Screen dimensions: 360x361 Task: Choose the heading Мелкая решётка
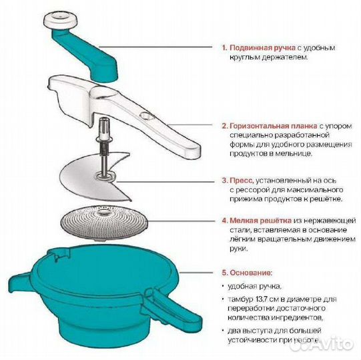tap(258, 219)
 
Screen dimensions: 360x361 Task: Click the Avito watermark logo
tap(330, 343)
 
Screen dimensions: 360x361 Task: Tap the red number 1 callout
tap(224, 48)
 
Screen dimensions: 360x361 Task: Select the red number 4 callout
tap(224, 219)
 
